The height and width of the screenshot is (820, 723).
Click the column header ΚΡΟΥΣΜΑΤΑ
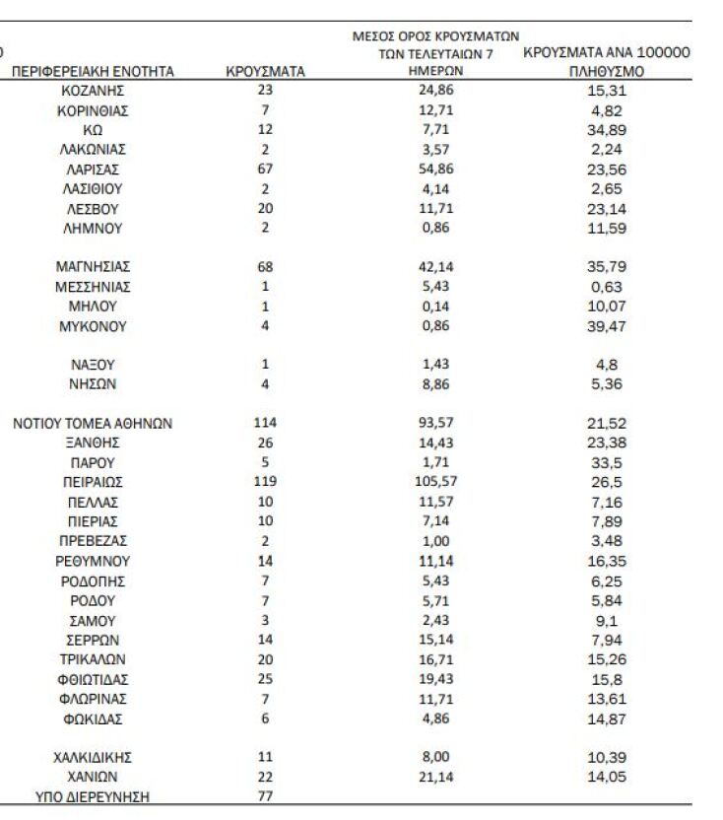[x=265, y=72]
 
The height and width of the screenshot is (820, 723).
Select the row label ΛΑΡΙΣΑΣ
[x=93, y=170]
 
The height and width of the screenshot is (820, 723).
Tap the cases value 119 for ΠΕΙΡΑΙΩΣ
[x=265, y=482]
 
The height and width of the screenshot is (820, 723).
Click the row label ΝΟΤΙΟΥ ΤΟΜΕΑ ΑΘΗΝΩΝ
[x=93, y=424]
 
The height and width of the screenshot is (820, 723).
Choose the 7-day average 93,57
[x=434, y=424]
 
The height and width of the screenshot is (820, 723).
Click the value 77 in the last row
[x=265, y=797]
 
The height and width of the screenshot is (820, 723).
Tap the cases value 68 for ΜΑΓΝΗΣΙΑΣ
[x=265, y=267]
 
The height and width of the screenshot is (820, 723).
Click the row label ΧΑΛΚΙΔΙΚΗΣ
[x=93, y=758]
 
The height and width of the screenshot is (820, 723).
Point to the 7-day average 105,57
[x=434, y=482]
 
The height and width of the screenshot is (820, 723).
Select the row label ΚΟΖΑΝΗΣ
[x=93, y=91]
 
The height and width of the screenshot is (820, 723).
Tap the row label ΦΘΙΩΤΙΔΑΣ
[x=93, y=679]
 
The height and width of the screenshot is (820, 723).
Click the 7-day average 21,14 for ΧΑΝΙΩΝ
[x=434, y=778]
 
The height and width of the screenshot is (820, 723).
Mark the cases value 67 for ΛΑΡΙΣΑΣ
[x=265, y=170]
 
